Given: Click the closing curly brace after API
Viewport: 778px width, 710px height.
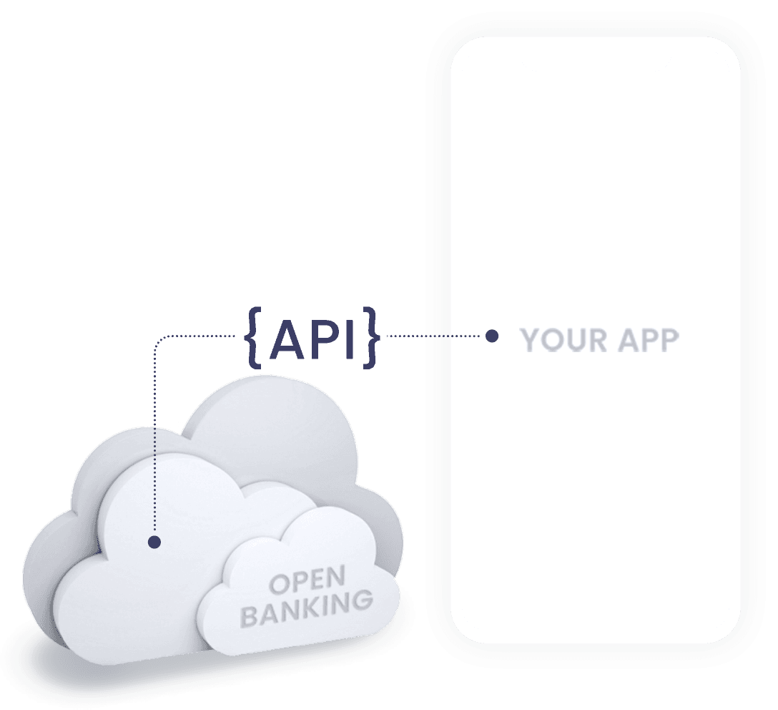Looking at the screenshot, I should coord(370,337).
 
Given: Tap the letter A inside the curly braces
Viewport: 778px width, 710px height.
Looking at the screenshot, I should coord(288,338).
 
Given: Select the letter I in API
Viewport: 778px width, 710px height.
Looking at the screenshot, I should coord(350,338).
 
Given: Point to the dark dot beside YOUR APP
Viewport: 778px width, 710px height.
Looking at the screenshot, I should coord(492,336).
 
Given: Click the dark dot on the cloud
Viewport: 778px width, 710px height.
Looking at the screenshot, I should coord(154,542).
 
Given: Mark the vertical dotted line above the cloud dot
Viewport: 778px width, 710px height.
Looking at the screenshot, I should coord(154,444).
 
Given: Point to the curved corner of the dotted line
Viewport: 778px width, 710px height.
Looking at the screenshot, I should coord(159,341).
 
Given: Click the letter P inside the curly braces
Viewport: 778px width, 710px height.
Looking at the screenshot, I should coord(322,338).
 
